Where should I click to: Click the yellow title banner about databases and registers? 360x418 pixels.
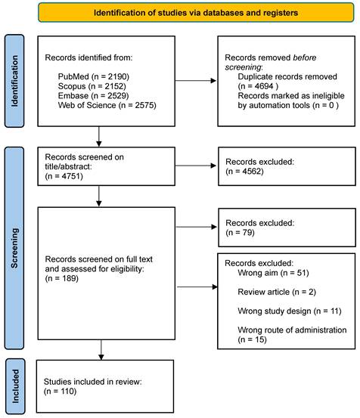point(196,13)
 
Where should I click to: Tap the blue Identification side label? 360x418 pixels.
point(14,81)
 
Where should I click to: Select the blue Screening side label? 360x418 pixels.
point(14,248)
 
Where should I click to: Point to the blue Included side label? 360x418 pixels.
point(15,386)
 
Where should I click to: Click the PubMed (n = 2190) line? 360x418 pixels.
point(94,77)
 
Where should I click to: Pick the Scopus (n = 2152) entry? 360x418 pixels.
point(92,86)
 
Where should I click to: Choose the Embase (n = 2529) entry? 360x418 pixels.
point(93,96)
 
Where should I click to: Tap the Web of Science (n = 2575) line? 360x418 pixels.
point(107,105)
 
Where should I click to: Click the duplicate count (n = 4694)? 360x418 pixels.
point(258,86)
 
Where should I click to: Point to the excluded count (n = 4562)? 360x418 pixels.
point(244,171)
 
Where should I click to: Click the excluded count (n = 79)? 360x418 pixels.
point(240,233)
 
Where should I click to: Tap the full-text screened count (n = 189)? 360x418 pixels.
point(61,279)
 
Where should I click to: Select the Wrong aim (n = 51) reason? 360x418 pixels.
point(273,273)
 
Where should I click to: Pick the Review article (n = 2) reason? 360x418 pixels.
point(277,293)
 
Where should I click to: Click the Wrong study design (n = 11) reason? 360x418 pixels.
point(290,311)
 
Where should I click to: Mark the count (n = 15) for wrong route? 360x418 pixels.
point(253,339)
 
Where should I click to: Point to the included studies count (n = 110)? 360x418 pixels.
point(60,392)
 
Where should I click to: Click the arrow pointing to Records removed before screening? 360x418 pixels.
point(196,81)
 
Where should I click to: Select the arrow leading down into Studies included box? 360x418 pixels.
point(101,350)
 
